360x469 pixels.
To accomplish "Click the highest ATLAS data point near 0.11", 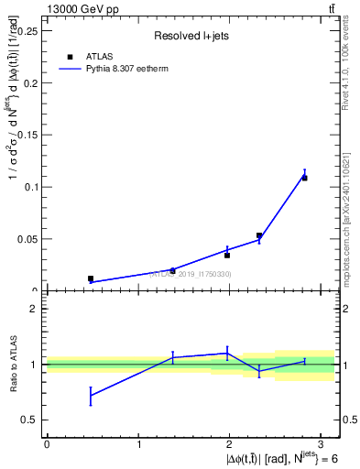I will point(304,178).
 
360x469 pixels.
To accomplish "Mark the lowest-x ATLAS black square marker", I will point(91,278).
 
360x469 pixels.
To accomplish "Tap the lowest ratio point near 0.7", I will point(91,395).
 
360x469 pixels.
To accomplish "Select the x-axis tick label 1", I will point(138,443).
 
